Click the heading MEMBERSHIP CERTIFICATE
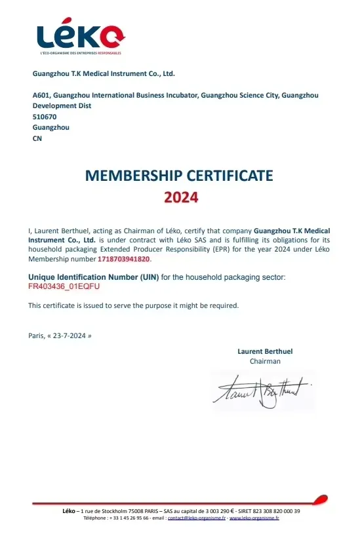180,176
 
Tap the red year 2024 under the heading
180,197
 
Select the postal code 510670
44,117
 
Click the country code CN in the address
37,138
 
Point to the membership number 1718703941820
129,259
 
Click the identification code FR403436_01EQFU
64,286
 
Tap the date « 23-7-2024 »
69,335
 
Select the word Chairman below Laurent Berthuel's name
265,361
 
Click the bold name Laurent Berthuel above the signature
265,351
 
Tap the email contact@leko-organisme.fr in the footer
197,518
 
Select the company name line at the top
104,74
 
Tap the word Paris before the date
35,335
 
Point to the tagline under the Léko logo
80,52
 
